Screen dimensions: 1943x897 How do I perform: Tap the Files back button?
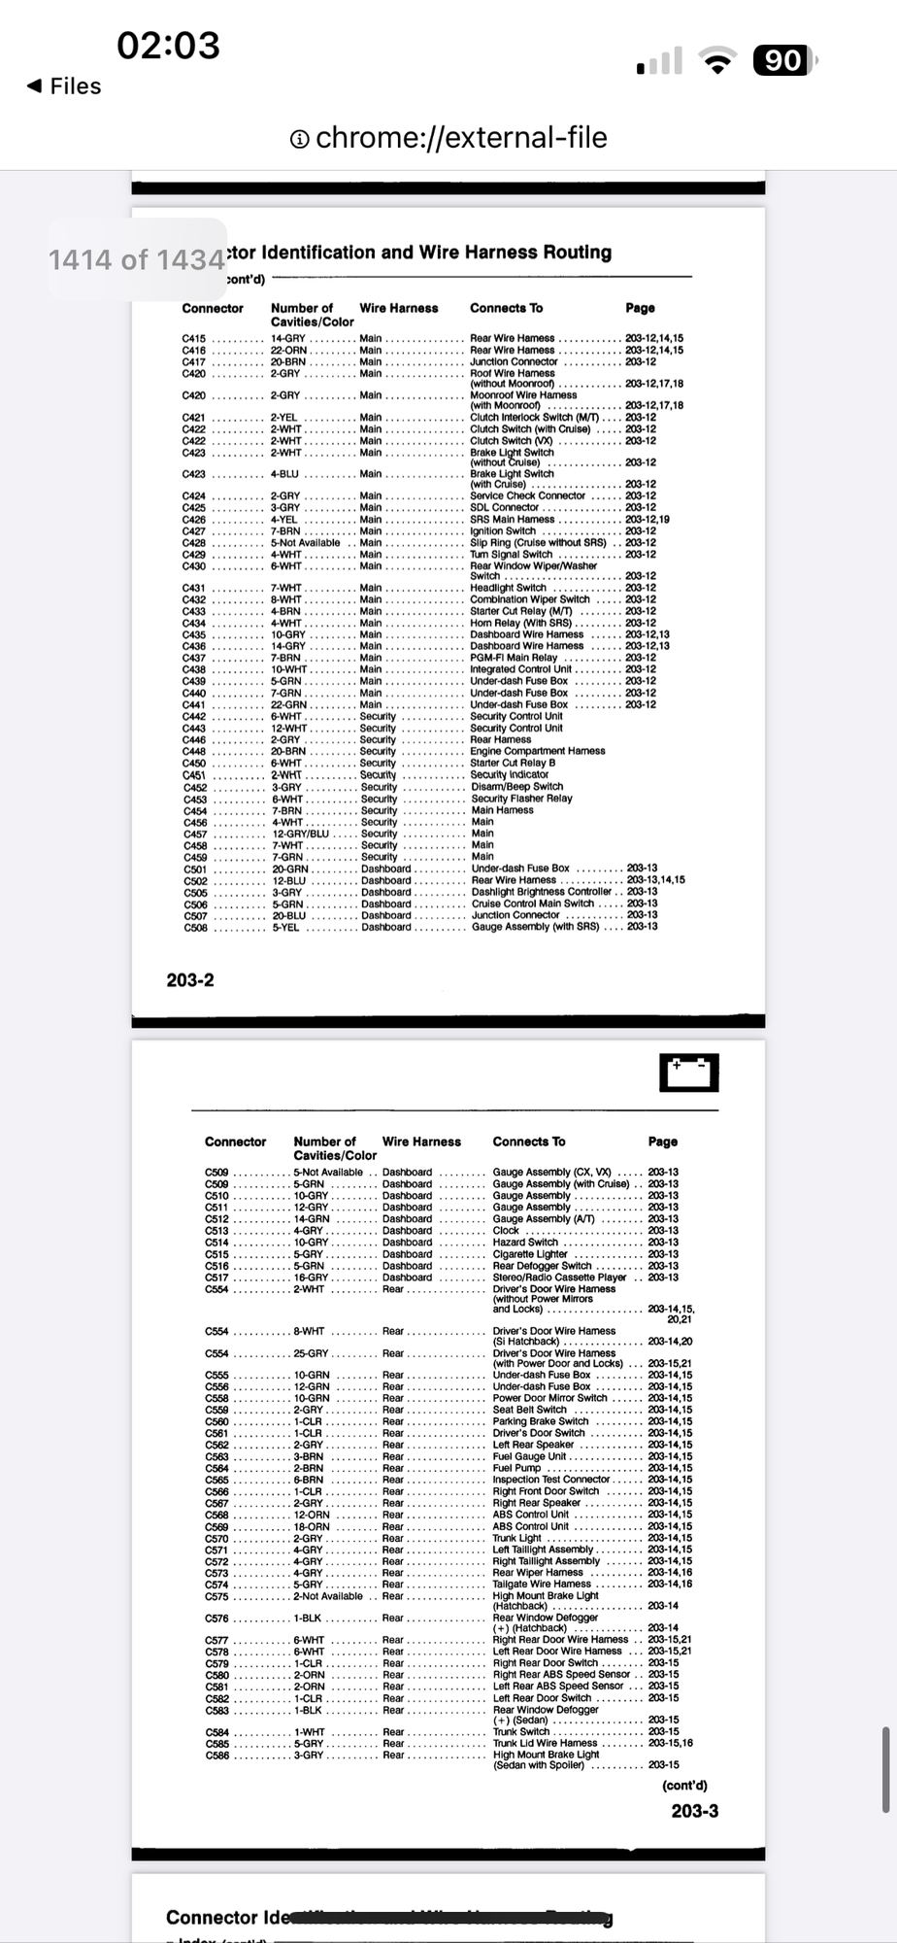click(x=64, y=86)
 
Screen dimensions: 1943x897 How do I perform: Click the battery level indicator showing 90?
click(x=782, y=61)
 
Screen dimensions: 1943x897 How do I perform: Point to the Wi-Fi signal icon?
click(x=718, y=61)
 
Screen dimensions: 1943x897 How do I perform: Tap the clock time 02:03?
click(x=168, y=45)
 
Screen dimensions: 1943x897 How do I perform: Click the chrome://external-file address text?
click(x=461, y=138)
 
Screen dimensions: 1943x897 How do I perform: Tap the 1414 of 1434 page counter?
click(x=137, y=259)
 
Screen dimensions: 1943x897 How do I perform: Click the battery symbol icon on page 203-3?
click(x=688, y=1073)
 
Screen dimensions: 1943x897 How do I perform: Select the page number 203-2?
click(x=190, y=980)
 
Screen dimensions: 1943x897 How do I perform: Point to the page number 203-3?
click(x=695, y=1811)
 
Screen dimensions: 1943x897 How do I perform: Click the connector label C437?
click(x=194, y=658)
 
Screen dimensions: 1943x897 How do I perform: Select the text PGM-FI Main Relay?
click(x=514, y=658)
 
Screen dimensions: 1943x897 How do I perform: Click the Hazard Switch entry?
click(x=525, y=1243)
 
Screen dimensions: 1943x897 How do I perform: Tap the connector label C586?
click(x=216, y=1756)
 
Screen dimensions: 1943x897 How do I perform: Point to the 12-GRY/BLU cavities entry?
click(x=301, y=834)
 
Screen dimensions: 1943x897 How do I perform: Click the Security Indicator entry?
click(x=510, y=775)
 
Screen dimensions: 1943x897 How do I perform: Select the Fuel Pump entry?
click(x=516, y=1468)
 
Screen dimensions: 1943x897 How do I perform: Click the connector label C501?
click(x=195, y=869)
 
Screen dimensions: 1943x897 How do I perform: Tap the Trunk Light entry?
click(x=517, y=1538)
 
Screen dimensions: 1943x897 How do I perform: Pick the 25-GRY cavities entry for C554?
click(x=312, y=1353)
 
